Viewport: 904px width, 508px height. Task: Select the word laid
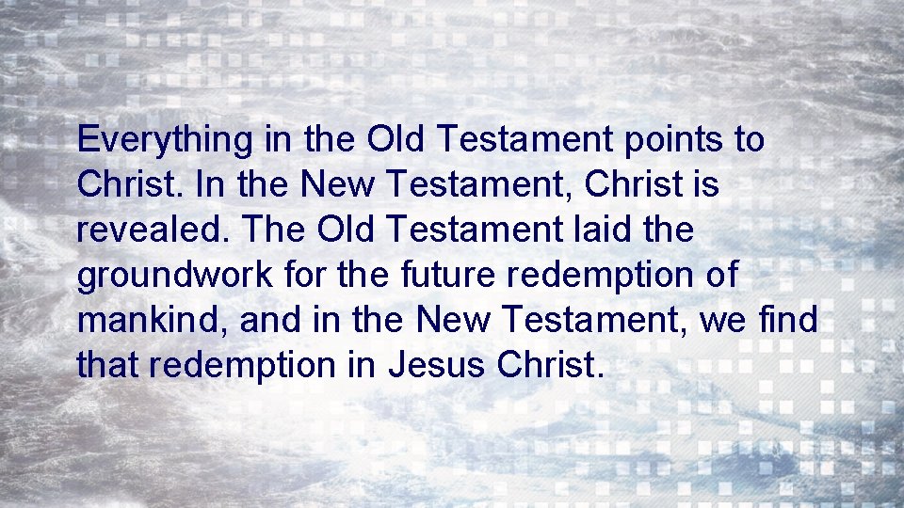point(592,230)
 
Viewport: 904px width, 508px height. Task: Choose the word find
point(787,322)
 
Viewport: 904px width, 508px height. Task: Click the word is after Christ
point(705,185)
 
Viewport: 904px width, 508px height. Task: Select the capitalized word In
point(211,185)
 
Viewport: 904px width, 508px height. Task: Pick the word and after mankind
point(270,322)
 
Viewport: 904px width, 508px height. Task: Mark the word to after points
point(749,141)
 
